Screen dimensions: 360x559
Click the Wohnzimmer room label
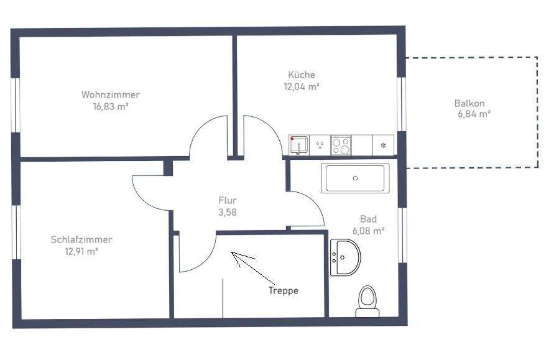pyautogui.click(x=110, y=95)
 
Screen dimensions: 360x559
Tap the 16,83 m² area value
pyautogui.click(x=110, y=106)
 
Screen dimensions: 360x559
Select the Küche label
pyautogui.click(x=301, y=75)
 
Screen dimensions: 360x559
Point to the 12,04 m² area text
pyautogui.click(x=302, y=87)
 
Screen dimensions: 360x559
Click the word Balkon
pyautogui.click(x=469, y=104)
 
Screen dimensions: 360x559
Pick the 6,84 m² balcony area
pyautogui.click(x=473, y=114)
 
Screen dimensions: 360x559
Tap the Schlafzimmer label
pyautogui.click(x=81, y=239)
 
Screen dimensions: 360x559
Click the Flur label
pyautogui.click(x=227, y=200)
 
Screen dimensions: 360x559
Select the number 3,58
pyautogui.click(x=227, y=212)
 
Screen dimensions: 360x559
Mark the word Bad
pyautogui.click(x=368, y=219)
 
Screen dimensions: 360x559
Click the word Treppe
pyautogui.click(x=284, y=290)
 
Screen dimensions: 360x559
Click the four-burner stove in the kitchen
pyautogui.click(x=341, y=145)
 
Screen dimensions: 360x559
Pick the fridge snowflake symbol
pyautogui.click(x=383, y=146)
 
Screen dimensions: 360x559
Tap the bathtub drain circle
pyautogui.click(x=355, y=178)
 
